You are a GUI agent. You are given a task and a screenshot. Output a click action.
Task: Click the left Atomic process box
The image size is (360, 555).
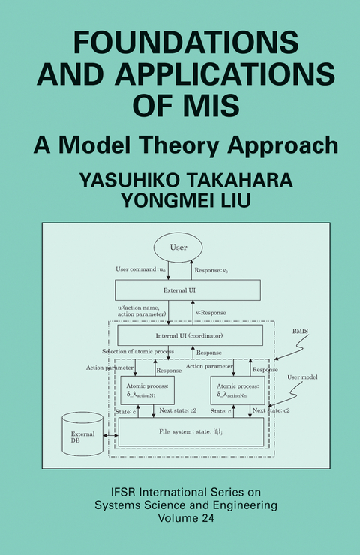[147, 391]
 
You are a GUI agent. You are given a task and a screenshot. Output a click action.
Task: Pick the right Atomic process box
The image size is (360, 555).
[237, 391]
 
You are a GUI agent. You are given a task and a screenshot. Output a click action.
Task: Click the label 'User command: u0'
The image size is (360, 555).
[142, 268]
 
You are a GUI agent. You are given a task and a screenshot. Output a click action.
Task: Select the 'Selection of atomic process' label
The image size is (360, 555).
[138, 352]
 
